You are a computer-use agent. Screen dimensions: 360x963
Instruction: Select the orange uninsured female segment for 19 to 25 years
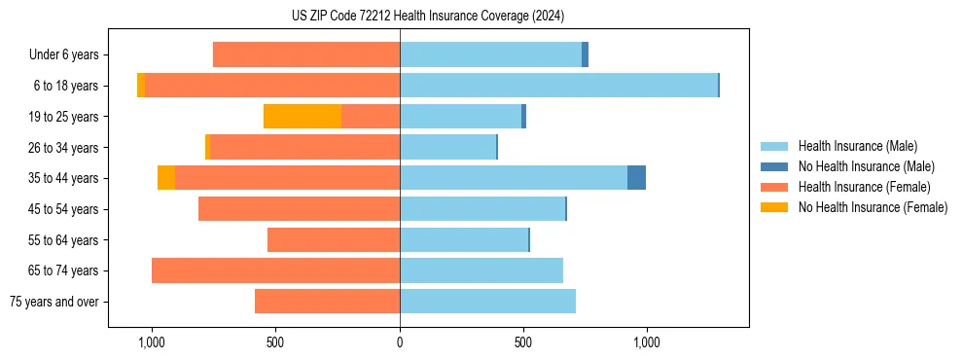[x=303, y=117]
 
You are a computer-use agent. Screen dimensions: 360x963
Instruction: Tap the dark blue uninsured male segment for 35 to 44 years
[x=636, y=178]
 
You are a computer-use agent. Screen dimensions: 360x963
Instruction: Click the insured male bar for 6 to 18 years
[x=558, y=86]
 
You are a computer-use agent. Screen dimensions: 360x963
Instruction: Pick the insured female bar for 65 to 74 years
[x=275, y=270]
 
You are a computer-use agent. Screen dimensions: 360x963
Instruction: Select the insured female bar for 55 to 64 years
[x=334, y=240]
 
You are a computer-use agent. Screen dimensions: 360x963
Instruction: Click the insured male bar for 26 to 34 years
[x=447, y=148]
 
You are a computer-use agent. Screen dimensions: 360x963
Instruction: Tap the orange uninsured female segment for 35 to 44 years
[x=166, y=178]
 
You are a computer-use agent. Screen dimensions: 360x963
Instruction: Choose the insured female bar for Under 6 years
[x=306, y=55]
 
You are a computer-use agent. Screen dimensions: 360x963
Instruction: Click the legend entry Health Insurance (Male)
[x=857, y=146]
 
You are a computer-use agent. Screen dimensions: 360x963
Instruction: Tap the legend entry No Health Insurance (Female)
[x=873, y=207]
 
